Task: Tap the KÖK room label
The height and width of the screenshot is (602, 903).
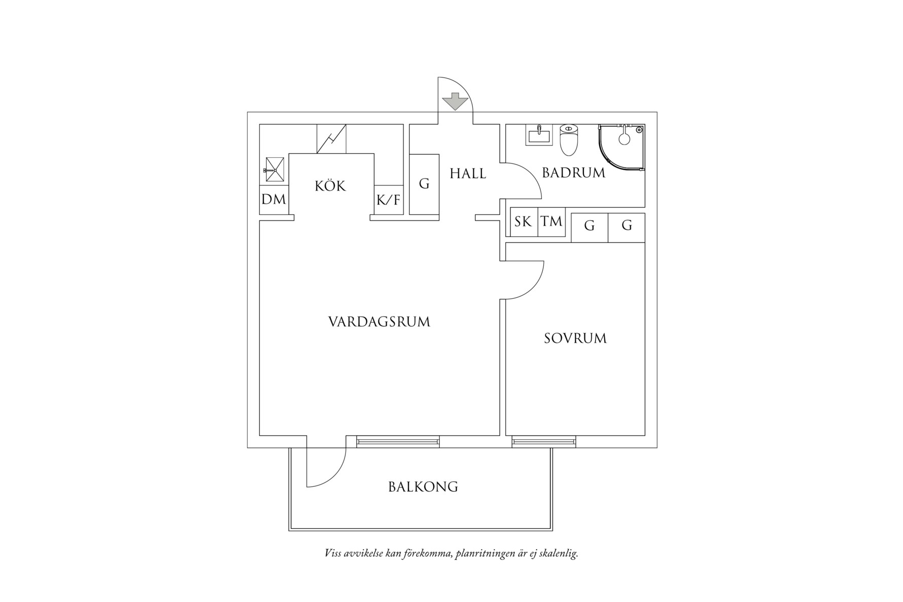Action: (x=330, y=186)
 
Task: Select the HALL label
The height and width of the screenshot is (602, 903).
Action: (x=468, y=174)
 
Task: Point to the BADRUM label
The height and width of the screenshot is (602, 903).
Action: (x=574, y=173)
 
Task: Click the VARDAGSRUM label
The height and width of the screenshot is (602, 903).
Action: (x=379, y=322)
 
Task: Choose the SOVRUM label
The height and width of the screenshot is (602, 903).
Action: (x=575, y=338)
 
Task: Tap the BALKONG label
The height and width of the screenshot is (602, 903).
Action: (x=423, y=487)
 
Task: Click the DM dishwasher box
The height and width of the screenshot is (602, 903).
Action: (x=274, y=200)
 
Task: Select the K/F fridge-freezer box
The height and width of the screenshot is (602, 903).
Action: (x=389, y=200)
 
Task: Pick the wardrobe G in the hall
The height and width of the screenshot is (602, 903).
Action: (x=424, y=184)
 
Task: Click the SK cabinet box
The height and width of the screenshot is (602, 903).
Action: (x=524, y=222)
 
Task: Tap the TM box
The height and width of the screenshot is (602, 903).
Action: (x=551, y=222)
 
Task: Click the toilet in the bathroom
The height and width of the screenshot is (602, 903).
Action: (x=569, y=140)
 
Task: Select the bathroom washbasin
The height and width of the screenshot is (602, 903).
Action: (x=539, y=135)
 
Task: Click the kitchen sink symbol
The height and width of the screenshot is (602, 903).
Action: (x=274, y=169)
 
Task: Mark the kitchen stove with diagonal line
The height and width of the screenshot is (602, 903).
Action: (x=331, y=138)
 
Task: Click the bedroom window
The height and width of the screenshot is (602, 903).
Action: (x=544, y=442)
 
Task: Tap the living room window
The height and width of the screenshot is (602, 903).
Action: (x=398, y=442)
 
